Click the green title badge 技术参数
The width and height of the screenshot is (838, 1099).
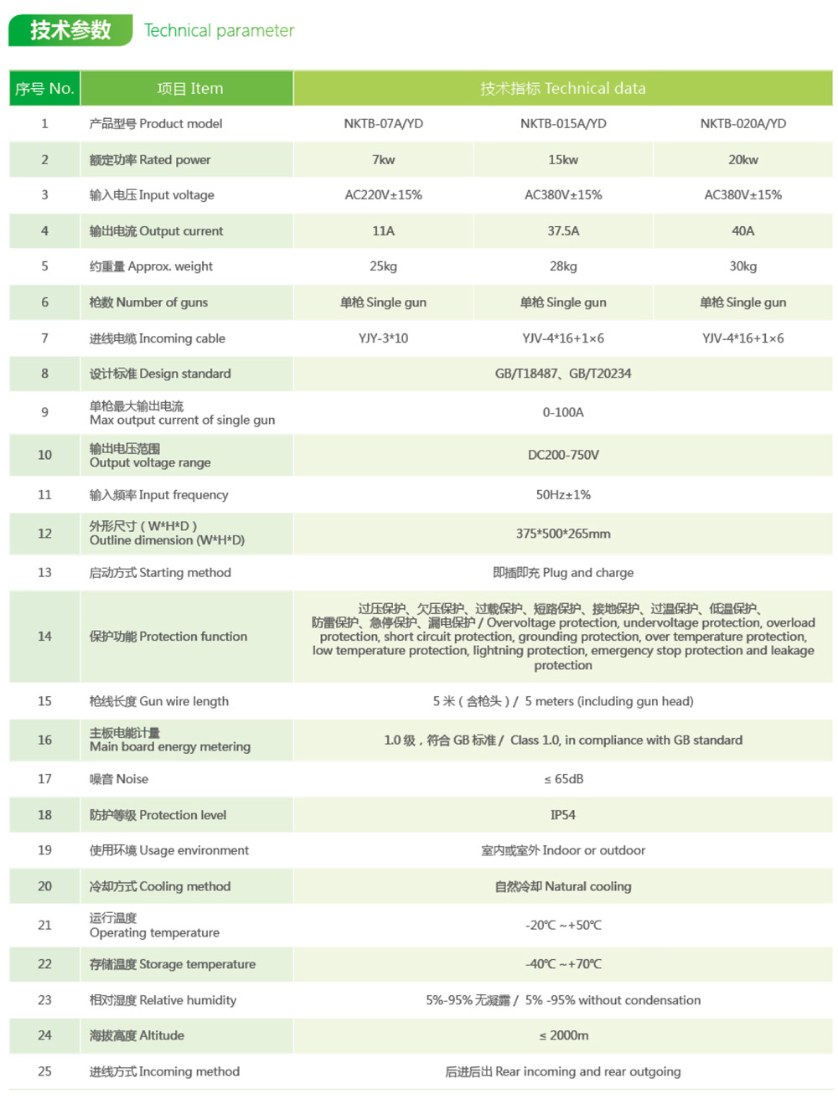click(70, 30)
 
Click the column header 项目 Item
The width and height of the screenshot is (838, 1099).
click(189, 88)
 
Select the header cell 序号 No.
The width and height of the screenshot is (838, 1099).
click(44, 88)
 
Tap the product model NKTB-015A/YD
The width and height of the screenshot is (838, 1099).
click(563, 123)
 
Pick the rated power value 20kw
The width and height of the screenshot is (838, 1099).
click(742, 159)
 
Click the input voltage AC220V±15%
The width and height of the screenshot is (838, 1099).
click(383, 194)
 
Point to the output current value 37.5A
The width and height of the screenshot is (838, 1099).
click(563, 230)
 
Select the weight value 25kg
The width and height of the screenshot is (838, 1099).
click(383, 266)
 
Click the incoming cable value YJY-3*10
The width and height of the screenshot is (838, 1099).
click(383, 338)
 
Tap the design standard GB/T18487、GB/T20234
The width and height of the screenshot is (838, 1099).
click(563, 373)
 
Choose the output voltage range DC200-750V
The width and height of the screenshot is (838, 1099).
click(563, 454)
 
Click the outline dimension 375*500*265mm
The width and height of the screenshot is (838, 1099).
click(563, 533)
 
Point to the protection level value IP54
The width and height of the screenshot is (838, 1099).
click(563, 814)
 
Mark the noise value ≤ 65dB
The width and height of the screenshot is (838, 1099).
click(563, 778)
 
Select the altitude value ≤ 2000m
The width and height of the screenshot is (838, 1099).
click(563, 1035)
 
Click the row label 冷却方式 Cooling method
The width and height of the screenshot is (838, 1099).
click(159, 885)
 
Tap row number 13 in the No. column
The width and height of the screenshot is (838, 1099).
click(44, 572)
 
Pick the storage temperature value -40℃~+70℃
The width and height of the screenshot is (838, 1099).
click(563, 963)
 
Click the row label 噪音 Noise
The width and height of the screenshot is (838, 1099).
click(118, 778)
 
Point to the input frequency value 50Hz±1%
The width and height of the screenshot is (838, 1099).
click(563, 494)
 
